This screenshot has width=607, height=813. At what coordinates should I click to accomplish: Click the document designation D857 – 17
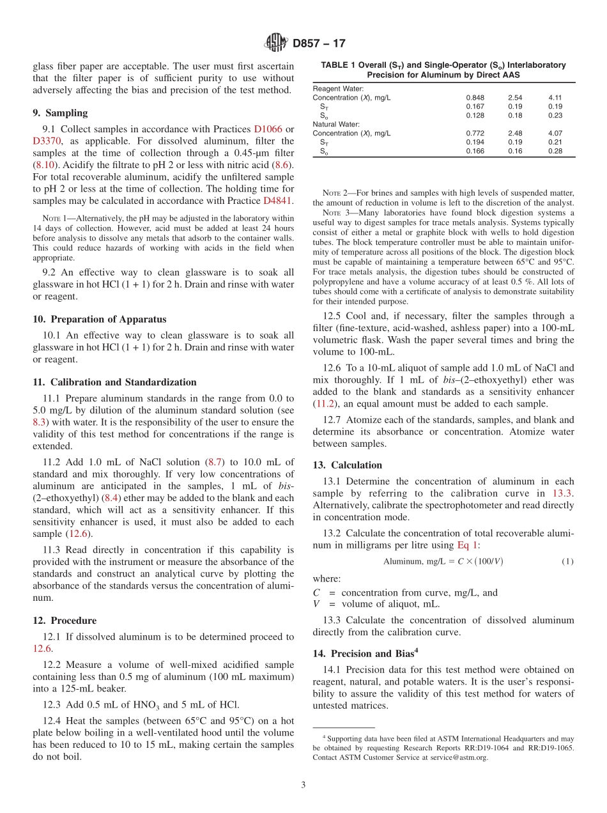click(x=319, y=43)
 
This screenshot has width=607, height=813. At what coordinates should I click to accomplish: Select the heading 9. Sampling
click(x=60, y=113)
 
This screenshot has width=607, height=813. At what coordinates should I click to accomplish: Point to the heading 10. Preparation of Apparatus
click(x=99, y=320)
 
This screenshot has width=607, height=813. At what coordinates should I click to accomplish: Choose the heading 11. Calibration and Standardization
click(x=114, y=382)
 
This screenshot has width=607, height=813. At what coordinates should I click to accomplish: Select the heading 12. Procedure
click(x=65, y=621)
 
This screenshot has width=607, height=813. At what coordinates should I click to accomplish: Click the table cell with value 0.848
click(x=475, y=98)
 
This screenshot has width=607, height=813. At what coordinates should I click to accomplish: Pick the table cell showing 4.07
click(x=555, y=134)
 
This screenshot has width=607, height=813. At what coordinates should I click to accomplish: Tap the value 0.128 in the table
click(x=475, y=116)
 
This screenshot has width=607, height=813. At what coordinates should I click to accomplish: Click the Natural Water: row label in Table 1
click(x=337, y=125)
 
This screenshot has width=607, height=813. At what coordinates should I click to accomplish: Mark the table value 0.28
click(x=555, y=151)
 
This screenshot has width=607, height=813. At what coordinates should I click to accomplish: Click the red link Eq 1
click(x=467, y=545)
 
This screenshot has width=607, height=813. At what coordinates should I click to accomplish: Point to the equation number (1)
click(x=567, y=562)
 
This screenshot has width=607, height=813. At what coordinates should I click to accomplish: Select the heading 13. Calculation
click(x=348, y=465)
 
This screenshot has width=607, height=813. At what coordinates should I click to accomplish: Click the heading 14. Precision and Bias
click(x=365, y=653)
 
